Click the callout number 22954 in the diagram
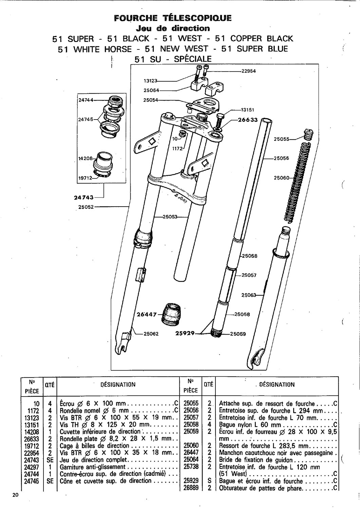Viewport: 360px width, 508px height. click(248, 71)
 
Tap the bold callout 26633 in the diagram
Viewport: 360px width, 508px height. click(248, 120)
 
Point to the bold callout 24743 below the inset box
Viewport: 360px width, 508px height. click(83, 197)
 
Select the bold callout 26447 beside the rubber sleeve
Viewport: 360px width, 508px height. click(147, 314)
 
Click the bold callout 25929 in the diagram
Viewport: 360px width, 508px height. click(186, 333)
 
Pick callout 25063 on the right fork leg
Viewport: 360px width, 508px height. click(249, 295)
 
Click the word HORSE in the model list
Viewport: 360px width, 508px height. click(118, 49)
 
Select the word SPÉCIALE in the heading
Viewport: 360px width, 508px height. click(193, 59)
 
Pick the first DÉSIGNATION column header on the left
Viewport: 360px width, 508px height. click(118, 384)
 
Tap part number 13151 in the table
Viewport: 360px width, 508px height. click(32, 425)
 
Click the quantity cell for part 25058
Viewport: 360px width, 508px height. click(210, 424)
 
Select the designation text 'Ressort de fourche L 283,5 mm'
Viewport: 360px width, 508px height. click(264, 446)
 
